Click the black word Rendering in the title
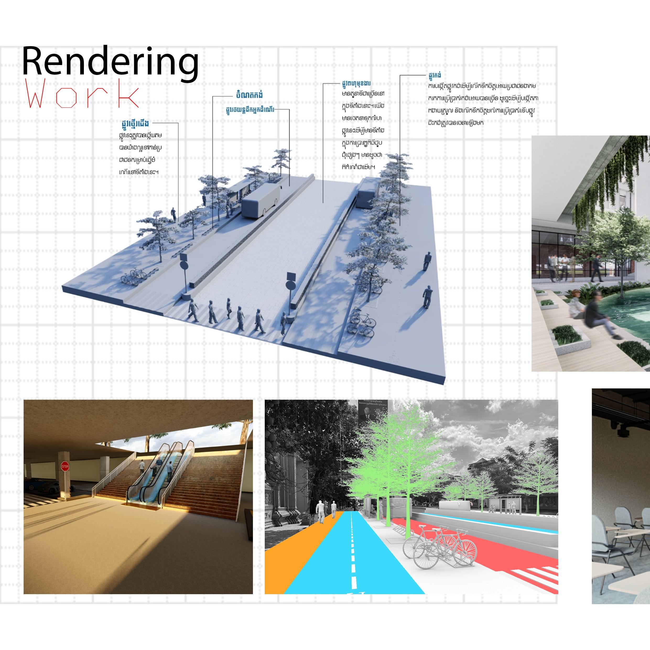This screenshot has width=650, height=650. pyautogui.click(x=110, y=62)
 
